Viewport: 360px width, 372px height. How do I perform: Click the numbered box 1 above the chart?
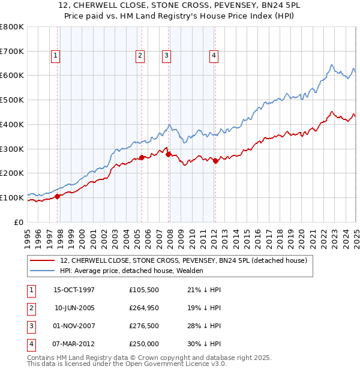pyautogui.click(x=55, y=56)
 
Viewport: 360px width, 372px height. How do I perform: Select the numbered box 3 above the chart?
pyautogui.click(x=167, y=56)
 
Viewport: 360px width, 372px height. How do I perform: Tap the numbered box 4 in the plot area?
pyautogui.click(x=214, y=56)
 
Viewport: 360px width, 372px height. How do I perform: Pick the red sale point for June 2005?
pyautogui.click(x=142, y=157)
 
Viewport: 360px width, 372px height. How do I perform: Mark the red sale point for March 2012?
pyautogui.click(x=215, y=161)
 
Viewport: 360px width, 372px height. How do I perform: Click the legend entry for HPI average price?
pyautogui.click(x=131, y=271)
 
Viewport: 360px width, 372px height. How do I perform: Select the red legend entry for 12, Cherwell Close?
pyautogui.click(x=184, y=260)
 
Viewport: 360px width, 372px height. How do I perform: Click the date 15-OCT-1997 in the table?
pyautogui.click(x=74, y=290)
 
